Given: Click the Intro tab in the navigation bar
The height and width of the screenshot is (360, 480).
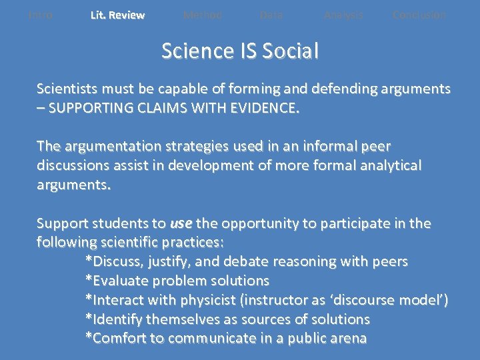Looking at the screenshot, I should click(x=41, y=15).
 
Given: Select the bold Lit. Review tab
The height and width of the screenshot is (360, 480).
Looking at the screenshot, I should click(x=117, y=15).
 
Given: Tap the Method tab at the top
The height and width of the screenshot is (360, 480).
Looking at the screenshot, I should click(x=203, y=15).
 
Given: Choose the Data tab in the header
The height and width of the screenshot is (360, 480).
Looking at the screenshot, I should click(x=271, y=15).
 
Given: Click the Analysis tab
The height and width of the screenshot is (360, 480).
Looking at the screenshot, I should click(x=344, y=15).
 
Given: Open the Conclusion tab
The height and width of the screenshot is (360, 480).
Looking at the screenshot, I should click(x=419, y=15).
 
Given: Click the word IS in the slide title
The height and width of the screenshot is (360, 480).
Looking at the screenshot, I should click(x=244, y=51).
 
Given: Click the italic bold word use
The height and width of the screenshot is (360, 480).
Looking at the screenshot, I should click(x=181, y=223).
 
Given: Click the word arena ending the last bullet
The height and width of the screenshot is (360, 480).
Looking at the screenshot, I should click(x=346, y=338).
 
